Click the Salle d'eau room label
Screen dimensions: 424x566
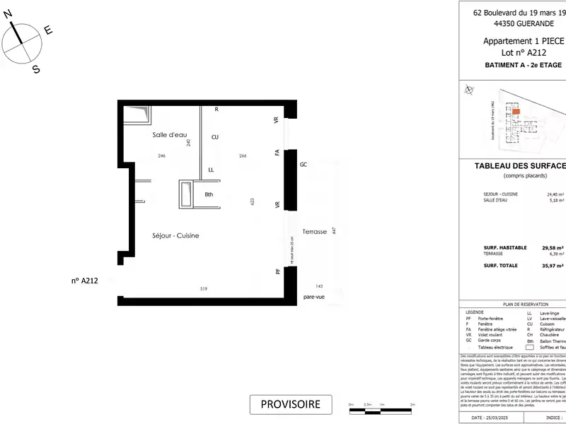168,134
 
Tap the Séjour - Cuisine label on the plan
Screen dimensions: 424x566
175,235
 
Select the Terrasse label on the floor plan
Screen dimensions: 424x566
314,232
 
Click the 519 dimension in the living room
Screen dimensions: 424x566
204,288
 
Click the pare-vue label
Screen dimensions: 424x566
313,297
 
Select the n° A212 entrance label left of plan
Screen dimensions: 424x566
84,280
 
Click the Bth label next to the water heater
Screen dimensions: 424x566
209,194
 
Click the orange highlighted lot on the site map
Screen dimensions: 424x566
516,112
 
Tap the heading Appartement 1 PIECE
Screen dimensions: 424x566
524,41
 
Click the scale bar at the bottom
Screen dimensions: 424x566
382,407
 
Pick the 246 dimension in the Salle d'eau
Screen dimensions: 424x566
161,155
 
